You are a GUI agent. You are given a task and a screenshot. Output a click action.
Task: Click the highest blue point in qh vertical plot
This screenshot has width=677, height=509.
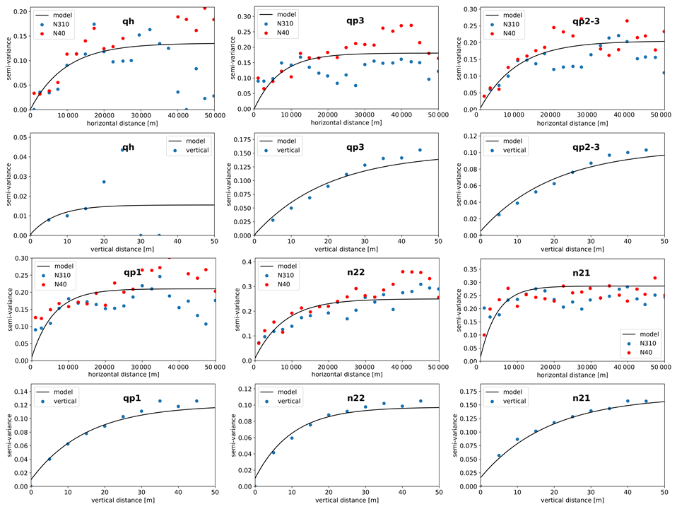click(x=122, y=149)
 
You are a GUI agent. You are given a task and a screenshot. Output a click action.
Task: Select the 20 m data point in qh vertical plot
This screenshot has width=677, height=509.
click(x=104, y=182)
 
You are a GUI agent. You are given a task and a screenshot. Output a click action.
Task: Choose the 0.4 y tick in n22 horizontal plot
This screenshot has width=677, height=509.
click(x=244, y=262)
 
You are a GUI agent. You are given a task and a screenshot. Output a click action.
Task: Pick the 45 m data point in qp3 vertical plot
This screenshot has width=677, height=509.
click(x=420, y=150)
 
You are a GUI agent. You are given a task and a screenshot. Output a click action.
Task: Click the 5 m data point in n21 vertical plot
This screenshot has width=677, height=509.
click(x=499, y=456)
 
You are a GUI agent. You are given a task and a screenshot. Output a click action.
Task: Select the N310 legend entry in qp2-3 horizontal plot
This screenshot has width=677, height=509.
click(x=517, y=23)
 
